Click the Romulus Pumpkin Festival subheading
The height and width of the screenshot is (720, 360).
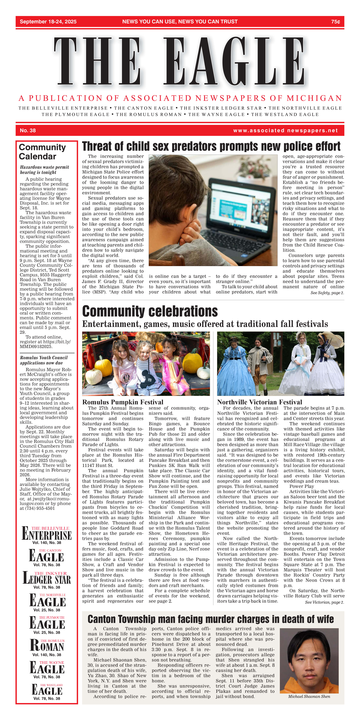[x=123, y=402]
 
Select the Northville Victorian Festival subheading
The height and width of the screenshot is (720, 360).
[x=259, y=402]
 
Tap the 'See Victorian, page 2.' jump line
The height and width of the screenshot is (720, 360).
[x=324, y=602]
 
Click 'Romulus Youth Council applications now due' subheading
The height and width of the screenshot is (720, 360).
[x=44, y=360]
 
